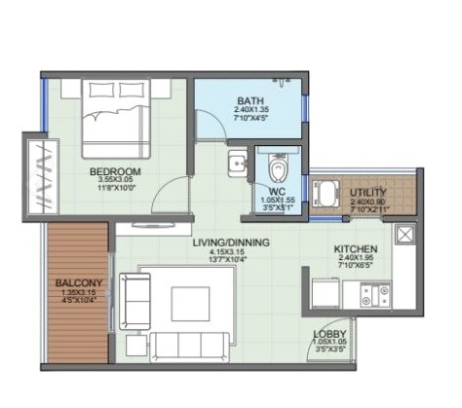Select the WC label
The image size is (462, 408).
(276, 192)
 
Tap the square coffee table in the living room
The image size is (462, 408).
(192, 303)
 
